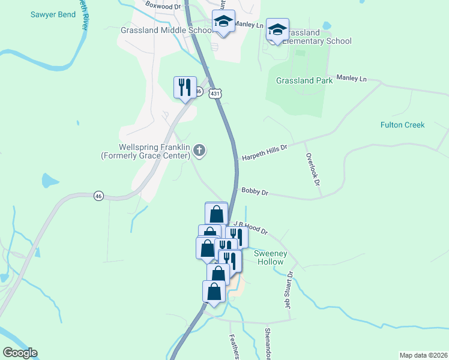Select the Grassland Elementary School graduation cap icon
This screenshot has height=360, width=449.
click(277, 29)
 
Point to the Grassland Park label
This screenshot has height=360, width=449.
click(303, 80)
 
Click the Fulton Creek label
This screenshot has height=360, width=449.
click(402, 125)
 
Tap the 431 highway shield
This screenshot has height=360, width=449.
click(215, 94)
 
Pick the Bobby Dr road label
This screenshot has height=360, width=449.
click(255, 192)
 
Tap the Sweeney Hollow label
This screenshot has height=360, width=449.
click(271, 258)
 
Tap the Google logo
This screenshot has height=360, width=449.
click(20, 353)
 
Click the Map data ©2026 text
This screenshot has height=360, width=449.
click(423, 355)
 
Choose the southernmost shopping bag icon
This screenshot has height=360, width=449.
click(214, 292)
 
